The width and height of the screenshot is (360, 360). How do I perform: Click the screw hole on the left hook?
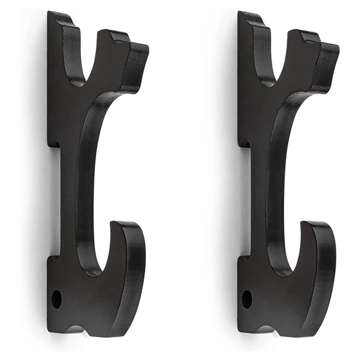click(x=56, y=299)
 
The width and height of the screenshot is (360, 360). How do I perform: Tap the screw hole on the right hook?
click(x=247, y=299)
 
